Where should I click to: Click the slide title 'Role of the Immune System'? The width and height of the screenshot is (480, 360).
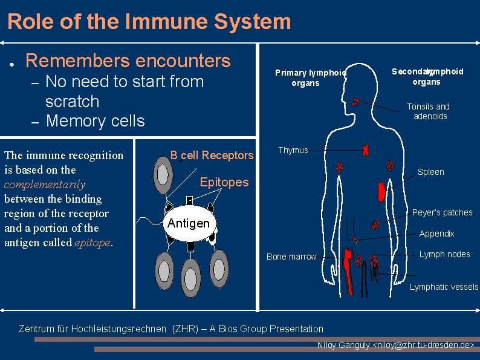pos(149,22)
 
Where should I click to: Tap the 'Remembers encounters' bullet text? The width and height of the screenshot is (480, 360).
pos(128,61)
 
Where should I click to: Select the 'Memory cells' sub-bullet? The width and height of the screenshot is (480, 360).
pos(95,120)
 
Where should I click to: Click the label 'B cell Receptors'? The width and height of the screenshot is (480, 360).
pos(212,155)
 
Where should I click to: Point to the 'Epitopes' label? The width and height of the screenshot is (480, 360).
pos(224,182)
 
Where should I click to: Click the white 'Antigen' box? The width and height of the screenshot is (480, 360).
pos(189,223)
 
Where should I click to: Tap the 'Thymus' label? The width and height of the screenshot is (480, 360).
pos(293,150)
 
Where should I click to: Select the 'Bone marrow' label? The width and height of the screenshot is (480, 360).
pos(291,257)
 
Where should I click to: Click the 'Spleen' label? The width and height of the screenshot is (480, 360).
pos(430,172)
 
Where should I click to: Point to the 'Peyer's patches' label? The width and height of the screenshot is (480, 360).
pos(442,212)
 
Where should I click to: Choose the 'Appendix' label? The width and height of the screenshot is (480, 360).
pos(436,234)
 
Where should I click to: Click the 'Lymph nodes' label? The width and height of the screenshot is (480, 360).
pos(444,254)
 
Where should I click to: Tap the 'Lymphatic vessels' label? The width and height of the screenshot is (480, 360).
pos(444,287)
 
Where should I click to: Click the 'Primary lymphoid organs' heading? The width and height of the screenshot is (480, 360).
pos(310,77)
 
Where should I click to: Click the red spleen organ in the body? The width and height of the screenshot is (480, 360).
pos(381,192)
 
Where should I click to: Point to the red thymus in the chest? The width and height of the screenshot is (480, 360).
pos(366,149)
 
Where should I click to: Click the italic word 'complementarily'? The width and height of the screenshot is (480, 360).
pos(45,185)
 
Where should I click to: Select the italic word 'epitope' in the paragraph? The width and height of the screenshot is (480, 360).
pos(92,243)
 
